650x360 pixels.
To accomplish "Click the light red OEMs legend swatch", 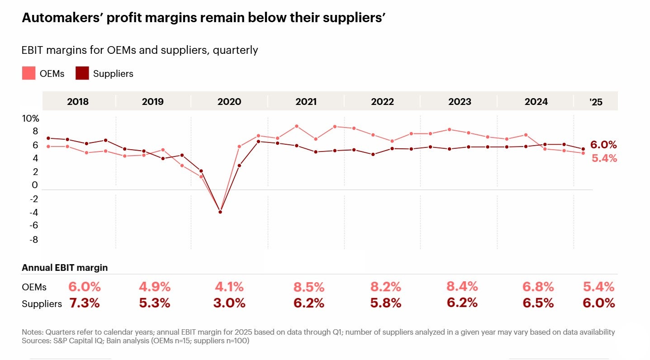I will (28, 73).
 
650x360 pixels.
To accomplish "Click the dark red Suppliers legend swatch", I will (82, 73).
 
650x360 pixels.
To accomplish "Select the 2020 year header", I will (229, 102).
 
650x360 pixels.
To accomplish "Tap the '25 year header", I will (596, 102).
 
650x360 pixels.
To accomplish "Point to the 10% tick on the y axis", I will (31, 118).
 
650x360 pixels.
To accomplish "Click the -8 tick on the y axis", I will (33, 239).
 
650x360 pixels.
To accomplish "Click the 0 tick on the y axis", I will (35, 185).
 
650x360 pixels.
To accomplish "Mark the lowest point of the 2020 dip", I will (220, 212).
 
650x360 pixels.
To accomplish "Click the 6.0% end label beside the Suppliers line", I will (603, 145).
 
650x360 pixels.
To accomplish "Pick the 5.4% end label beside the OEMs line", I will (604, 158).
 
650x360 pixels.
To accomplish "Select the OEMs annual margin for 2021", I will (309, 287).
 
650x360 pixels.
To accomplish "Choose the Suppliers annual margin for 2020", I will (229, 303).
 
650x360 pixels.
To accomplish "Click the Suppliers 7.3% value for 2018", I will (84, 303).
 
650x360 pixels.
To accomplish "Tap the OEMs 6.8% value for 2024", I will (538, 287).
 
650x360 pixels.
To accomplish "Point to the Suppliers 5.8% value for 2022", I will (386, 303).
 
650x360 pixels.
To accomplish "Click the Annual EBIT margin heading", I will (65, 268).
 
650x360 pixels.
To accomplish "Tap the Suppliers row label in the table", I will (42, 304).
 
